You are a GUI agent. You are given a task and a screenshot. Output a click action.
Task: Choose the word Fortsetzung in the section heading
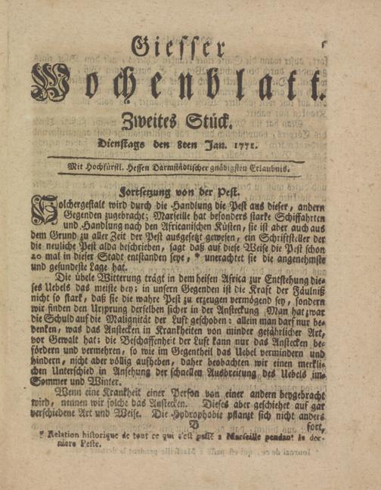150,191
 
